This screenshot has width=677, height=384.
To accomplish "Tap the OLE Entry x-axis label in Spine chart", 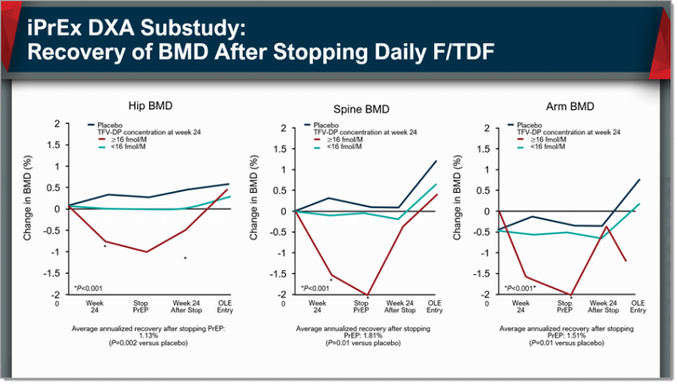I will click(436, 305).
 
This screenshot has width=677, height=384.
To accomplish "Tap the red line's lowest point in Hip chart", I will click(146, 252).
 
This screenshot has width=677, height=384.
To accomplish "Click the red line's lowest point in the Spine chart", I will click(366, 295).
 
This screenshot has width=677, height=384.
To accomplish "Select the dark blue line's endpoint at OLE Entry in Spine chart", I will click(437, 161).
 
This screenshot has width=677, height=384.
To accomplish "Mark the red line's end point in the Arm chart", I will click(625, 261).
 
